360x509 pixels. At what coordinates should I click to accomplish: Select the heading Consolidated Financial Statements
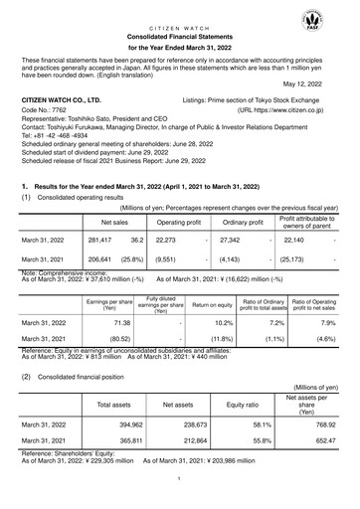pyautogui.click(x=180, y=34)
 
